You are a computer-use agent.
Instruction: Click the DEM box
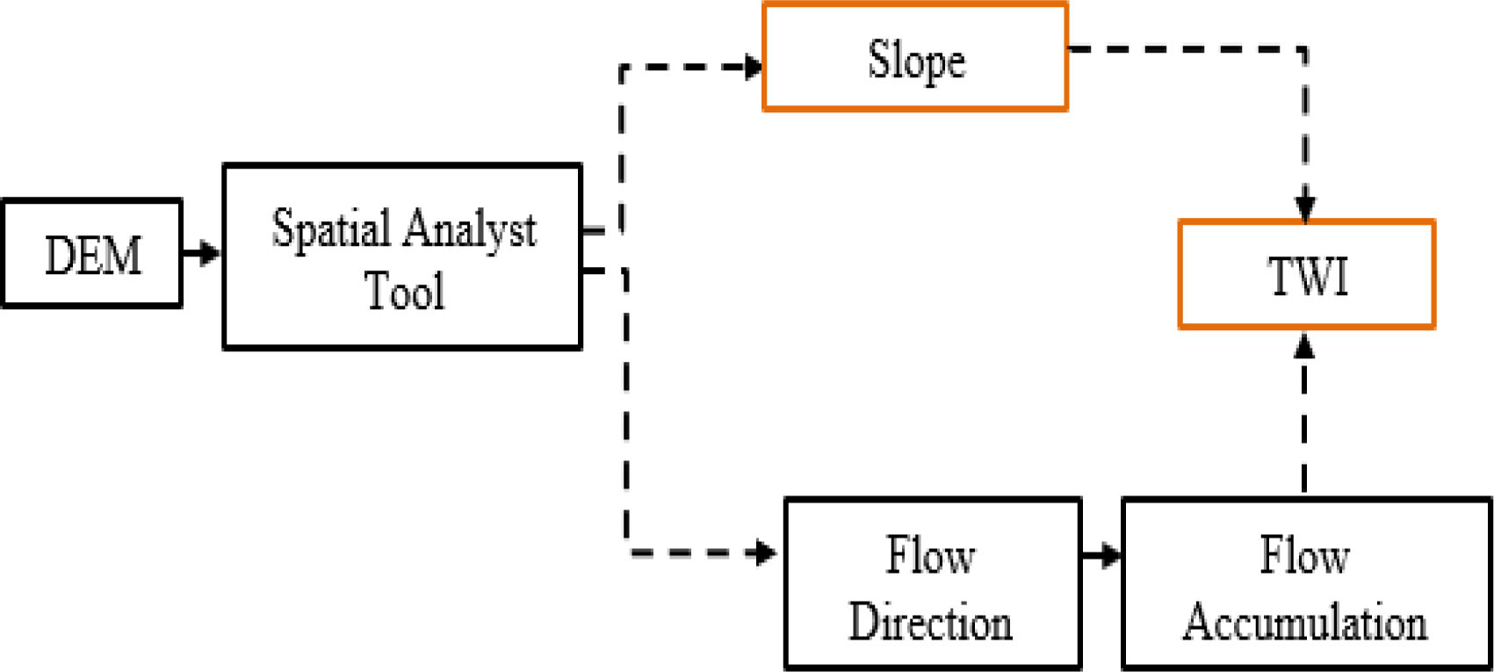point(92,254)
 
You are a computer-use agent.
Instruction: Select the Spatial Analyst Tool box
point(402,257)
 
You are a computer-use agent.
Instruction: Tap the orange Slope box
point(915,58)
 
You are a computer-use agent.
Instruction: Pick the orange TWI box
point(1306,275)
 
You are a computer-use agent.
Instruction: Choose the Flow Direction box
point(932,584)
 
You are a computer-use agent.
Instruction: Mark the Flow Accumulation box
point(1306,584)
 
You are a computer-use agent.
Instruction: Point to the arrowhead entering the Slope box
point(753,67)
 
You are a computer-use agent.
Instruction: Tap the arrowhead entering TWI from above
point(1305,209)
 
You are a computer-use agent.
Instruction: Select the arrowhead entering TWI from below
point(1304,345)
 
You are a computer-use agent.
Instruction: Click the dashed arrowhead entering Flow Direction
point(765,553)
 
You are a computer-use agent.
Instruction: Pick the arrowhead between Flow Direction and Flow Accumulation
point(1111,555)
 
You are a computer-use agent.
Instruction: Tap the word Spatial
point(331,228)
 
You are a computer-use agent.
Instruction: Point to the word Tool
point(404,290)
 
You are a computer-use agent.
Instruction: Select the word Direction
point(930,622)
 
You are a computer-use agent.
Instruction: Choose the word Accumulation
point(1305,622)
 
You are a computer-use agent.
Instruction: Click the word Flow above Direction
point(930,556)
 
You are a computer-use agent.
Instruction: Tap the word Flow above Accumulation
point(1304,556)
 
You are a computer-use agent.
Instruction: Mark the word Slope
point(916,61)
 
